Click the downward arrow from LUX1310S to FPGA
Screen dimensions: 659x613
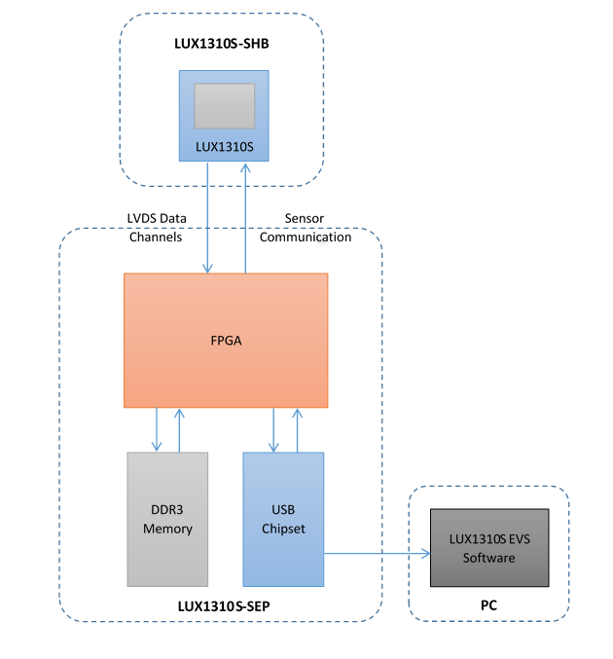pos(207,217)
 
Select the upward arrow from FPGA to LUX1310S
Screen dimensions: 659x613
pos(245,217)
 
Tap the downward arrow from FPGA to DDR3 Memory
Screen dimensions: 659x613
pos(158,429)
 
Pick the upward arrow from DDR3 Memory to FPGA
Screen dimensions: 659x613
pos(179,429)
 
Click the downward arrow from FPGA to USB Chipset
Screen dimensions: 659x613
pos(274,429)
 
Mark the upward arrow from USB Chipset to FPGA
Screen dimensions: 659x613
pos(297,429)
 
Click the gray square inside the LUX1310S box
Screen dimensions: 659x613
pos(224,105)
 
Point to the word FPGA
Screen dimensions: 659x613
pos(226,341)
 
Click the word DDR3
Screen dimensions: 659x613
pos(168,511)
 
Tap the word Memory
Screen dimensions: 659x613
pos(168,529)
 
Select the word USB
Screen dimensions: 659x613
pos(283,511)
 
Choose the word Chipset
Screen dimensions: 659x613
pos(283,529)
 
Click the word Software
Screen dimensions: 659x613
pos(488,558)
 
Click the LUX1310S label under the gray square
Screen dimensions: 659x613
pos(224,147)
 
